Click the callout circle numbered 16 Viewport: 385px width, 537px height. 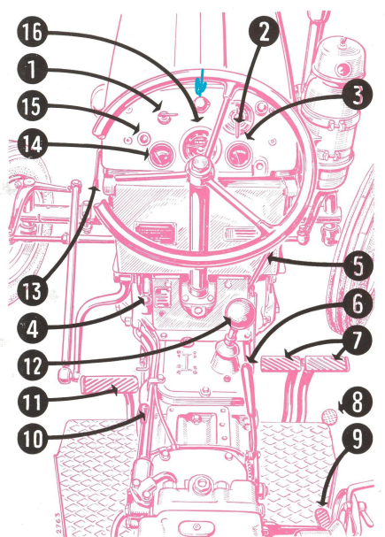32,33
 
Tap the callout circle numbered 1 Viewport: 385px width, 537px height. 32,70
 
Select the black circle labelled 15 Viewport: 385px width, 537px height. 32,106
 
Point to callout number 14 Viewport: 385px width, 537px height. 32,144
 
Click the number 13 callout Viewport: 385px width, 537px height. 32,291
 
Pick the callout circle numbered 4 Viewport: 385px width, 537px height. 32,329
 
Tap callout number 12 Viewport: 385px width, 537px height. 32,365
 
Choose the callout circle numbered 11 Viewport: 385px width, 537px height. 32,402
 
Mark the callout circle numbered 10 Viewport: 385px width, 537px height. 32,439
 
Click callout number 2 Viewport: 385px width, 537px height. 263,32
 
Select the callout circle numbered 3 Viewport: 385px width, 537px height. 358,95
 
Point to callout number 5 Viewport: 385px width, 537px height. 358,266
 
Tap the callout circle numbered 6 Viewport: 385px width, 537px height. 358,303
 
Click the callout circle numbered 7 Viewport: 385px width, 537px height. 358,340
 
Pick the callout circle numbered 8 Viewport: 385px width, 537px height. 358,402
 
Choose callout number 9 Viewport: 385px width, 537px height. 358,439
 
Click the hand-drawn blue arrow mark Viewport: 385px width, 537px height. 201,82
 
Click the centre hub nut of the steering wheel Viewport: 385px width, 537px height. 200,165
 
